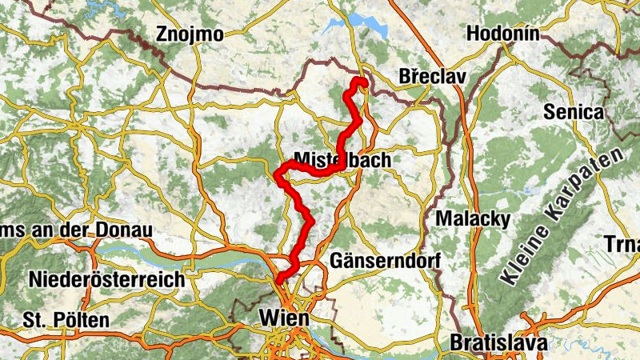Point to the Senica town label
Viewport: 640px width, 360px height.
tap(573, 112)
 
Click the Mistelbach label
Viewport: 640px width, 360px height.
tap(342, 159)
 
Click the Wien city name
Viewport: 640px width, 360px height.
tap(284, 318)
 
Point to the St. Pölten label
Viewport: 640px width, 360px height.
tap(66, 321)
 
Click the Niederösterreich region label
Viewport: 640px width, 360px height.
tap(106, 280)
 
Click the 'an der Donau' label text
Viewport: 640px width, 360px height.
tap(88, 231)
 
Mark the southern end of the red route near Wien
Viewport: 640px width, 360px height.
tap(279, 279)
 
